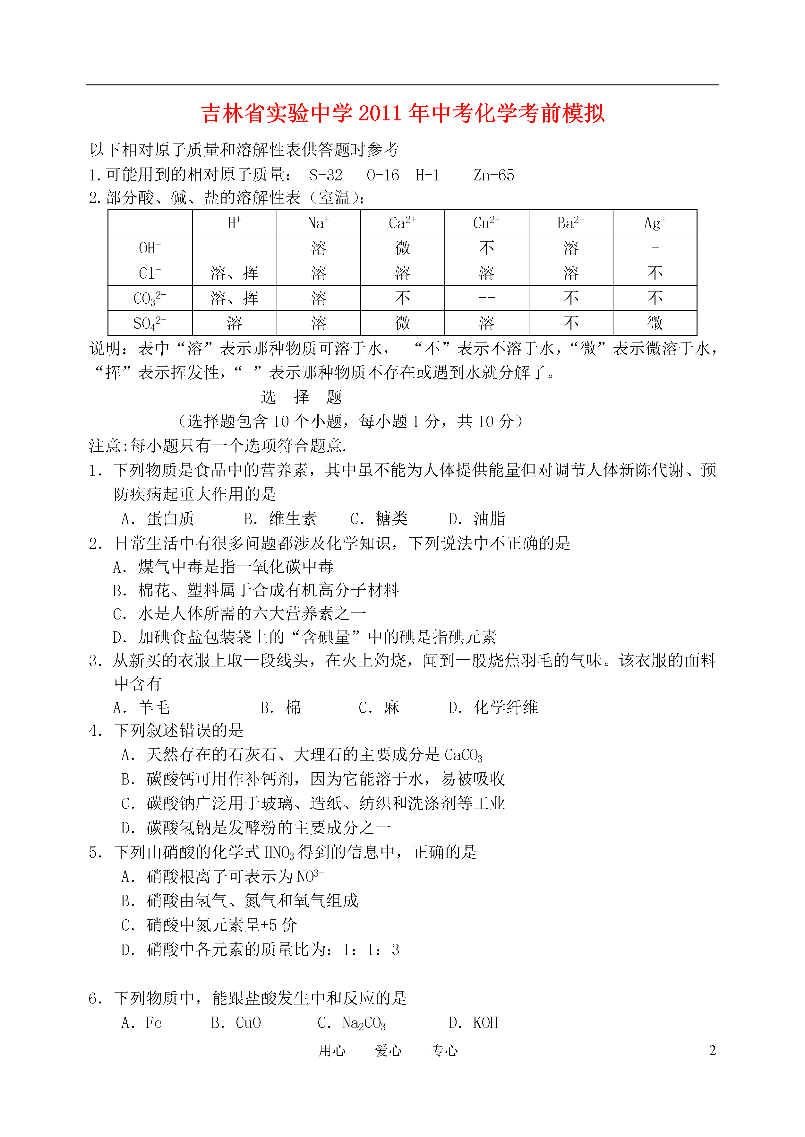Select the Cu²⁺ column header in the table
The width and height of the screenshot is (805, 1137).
[x=486, y=223]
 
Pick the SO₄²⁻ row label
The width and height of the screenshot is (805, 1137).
[x=150, y=323]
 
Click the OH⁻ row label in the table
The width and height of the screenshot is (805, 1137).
[x=150, y=247]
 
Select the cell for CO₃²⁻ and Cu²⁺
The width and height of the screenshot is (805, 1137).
[x=486, y=298]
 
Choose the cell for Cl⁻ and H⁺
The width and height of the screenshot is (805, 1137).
[x=234, y=273]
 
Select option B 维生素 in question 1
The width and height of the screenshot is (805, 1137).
[x=280, y=519]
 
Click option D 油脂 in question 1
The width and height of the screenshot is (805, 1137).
[x=477, y=519]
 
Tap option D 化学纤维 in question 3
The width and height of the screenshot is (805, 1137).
[x=493, y=707]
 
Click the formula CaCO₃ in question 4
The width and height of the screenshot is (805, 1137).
[x=463, y=755]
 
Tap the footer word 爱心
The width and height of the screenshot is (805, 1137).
[x=388, y=1050]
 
